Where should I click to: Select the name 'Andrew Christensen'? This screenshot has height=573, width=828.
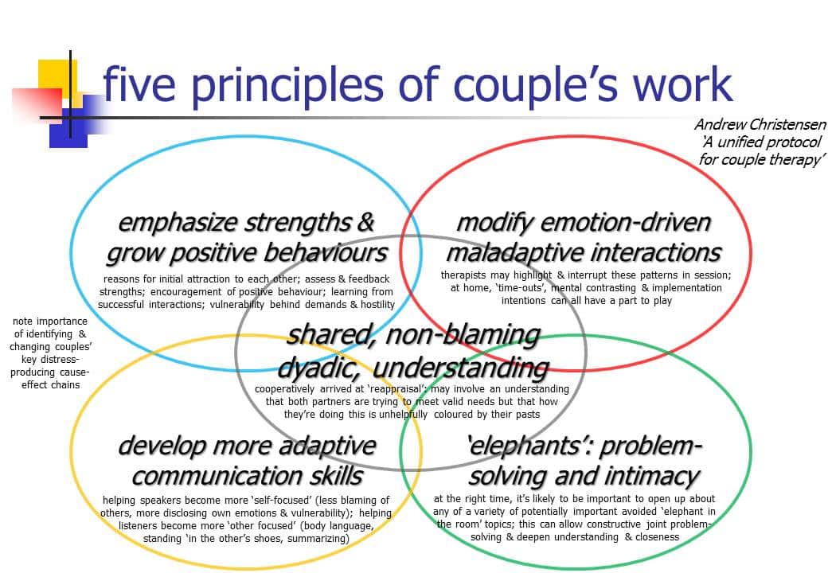coord(760,124)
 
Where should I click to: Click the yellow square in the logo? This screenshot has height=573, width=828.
coord(57,80)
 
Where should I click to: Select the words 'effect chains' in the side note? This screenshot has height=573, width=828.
coord(51,385)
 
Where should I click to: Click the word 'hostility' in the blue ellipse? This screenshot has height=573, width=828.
coord(377,305)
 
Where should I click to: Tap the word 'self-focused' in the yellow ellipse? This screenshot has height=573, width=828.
coord(283,501)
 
